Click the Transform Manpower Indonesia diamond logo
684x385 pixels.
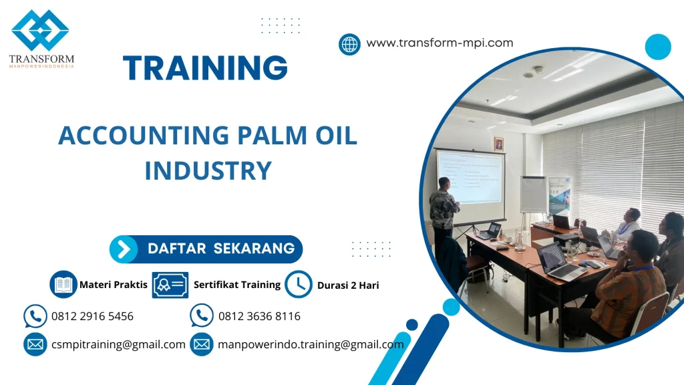[40, 31]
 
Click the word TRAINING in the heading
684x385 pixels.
[206, 68]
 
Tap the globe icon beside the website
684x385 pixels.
[349, 44]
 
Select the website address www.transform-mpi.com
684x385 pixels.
[440, 43]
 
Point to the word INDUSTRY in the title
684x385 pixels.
[208, 170]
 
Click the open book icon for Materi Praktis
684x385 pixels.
[63, 285]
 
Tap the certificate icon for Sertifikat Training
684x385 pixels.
[170, 285]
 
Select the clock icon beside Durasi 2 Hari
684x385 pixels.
[298, 285]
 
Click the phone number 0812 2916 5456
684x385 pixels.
[92, 316]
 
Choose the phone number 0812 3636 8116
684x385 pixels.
[259, 316]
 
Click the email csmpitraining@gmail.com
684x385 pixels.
[118, 344]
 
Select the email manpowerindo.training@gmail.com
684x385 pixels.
[311, 344]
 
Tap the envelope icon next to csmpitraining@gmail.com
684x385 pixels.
[35, 344]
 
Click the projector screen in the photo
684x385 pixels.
[470, 177]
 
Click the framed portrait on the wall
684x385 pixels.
[498, 144]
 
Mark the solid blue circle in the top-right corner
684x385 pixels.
[658, 47]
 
